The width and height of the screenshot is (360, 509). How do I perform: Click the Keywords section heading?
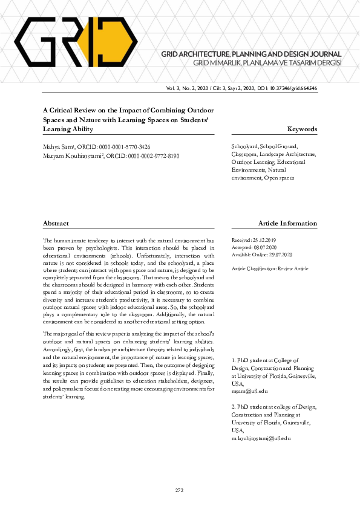[x=302, y=129]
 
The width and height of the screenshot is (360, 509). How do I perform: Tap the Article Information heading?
[x=287, y=224]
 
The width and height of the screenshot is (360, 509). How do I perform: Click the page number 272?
[x=179, y=490]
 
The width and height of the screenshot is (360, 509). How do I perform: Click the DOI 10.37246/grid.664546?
[x=292, y=88]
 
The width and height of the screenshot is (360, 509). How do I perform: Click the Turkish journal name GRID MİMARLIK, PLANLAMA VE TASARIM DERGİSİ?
[x=267, y=63]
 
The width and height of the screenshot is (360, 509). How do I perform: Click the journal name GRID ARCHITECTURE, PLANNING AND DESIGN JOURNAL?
[x=251, y=54]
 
